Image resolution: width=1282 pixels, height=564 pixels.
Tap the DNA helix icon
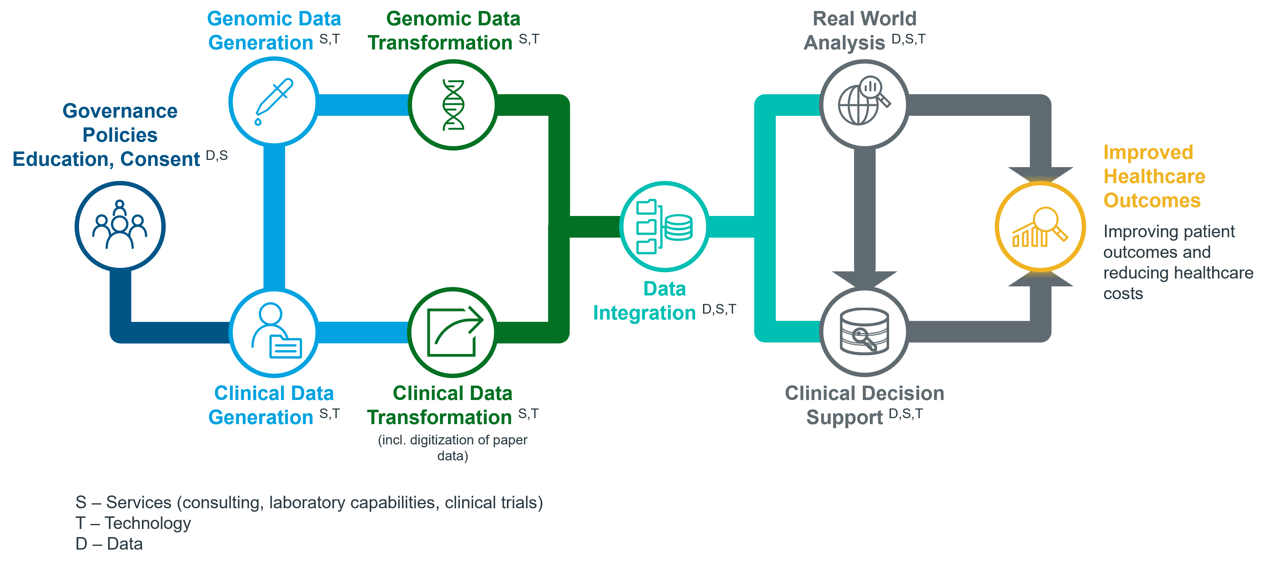tap(453, 105)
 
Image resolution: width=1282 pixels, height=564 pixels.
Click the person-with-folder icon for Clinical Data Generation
tap(275, 332)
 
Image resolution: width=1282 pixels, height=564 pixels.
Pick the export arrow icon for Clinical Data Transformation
tap(453, 332)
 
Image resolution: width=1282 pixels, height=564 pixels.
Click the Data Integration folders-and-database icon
tap(664, 226)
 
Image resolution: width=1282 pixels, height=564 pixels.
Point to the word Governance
tap(120, 111)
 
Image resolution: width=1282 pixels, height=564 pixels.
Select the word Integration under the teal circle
tap(644, 313)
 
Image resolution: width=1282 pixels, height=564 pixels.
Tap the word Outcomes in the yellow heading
tap(1152, 200)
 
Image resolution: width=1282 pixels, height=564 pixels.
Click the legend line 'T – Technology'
tap(133, 523)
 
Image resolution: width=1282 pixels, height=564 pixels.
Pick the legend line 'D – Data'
tap(109, 544)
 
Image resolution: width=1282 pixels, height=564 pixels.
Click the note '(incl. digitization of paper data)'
tap(452, 448)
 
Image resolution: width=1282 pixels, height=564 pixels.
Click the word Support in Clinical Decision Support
tap(845, 417)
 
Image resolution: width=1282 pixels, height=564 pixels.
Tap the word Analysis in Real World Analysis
tap(845, 43)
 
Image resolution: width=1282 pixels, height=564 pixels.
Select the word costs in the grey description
tap(1123, 294)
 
